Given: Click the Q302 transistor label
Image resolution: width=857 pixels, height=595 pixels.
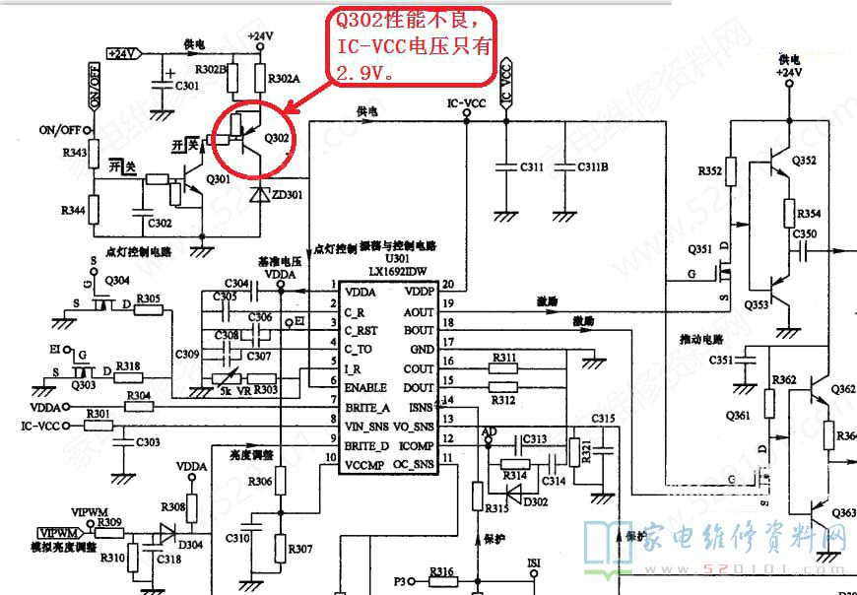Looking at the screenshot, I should coord(277,137).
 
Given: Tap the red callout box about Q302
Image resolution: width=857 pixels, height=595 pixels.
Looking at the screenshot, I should coord(413,45).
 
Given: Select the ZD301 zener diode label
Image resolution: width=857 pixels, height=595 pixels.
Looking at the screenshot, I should coord(289,194).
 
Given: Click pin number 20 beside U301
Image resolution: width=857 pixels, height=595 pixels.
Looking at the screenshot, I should coord(447,285).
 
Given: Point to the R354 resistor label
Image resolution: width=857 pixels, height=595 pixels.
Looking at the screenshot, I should coord(809,214).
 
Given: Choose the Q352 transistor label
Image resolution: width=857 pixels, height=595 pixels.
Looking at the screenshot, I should coord(803,162).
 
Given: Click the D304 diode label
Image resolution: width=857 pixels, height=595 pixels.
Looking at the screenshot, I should coord(191,545).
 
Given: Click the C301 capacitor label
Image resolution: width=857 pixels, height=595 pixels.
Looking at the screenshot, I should coord(186,86).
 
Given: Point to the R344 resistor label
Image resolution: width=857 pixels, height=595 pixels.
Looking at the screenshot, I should coord(73,211).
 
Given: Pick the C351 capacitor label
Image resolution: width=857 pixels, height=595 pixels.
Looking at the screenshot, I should coord(721,361).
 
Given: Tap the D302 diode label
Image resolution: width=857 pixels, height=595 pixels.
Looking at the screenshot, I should coord(536,501).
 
